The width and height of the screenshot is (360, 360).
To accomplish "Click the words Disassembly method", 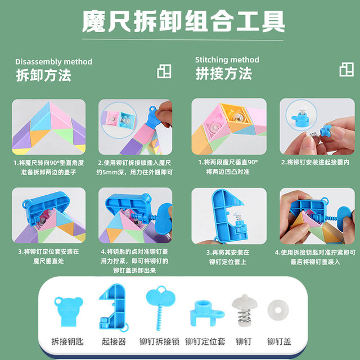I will (53, 61).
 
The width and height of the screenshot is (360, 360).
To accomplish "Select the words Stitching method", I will (227, 60).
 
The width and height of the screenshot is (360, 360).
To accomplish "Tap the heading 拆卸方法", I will (43, 75).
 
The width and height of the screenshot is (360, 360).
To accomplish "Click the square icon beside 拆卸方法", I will (164, 71).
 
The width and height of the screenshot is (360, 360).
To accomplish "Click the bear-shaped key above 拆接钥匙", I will (69, 309).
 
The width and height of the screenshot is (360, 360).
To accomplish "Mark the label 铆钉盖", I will (278, 341).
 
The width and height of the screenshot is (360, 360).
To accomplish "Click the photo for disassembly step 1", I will (49, 127).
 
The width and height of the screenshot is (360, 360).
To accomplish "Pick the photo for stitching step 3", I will (228, 215).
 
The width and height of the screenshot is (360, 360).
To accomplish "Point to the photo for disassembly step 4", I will (136, 215).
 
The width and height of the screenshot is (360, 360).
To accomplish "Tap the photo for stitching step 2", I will (316, 127).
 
